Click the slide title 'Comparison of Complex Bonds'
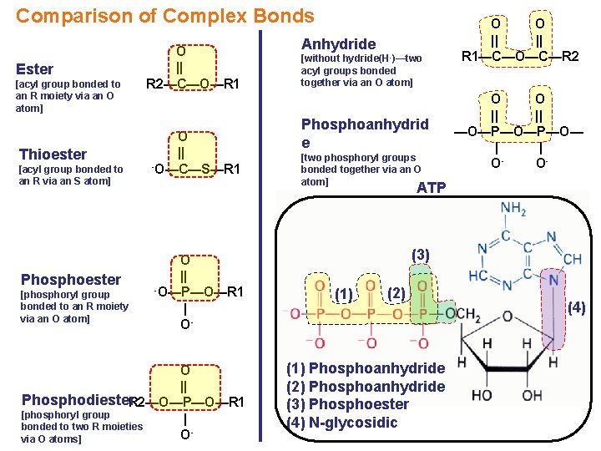point(165,16)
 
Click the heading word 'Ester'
point(35,69)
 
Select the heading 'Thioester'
point(53,154)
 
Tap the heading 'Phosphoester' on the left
point(71,279)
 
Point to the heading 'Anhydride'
point(338,43)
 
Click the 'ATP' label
point(431,188)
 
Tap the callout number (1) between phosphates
point(342,294)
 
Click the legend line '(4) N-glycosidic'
point(341,423)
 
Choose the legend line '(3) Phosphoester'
point(347,404)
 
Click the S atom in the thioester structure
point(205,169)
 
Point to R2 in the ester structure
point(154,84)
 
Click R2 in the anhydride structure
point(570,57)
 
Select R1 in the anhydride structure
point(471,57)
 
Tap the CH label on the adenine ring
point(572,260)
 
